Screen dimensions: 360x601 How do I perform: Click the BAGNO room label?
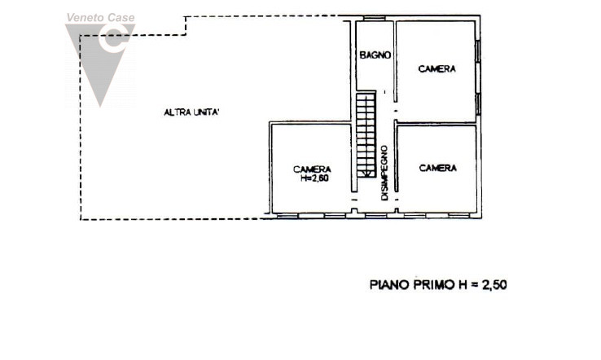click(x=376, y=55)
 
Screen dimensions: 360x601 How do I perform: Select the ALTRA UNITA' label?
click(x=191, y=112)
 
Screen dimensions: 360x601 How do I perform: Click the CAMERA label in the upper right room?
click(x=437, y=69)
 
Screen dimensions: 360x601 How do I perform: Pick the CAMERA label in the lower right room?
click(x=437, y=168)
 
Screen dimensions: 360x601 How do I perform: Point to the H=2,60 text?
click(x=314, y=178)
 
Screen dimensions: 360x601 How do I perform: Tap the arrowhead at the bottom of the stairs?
click(x=366, y=173)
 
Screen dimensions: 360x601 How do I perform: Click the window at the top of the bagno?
click(x=375, y=19)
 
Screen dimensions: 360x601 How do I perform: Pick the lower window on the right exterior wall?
click(x=479, y=103)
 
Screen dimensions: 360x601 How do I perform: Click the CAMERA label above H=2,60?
click(x=312, y=169)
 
